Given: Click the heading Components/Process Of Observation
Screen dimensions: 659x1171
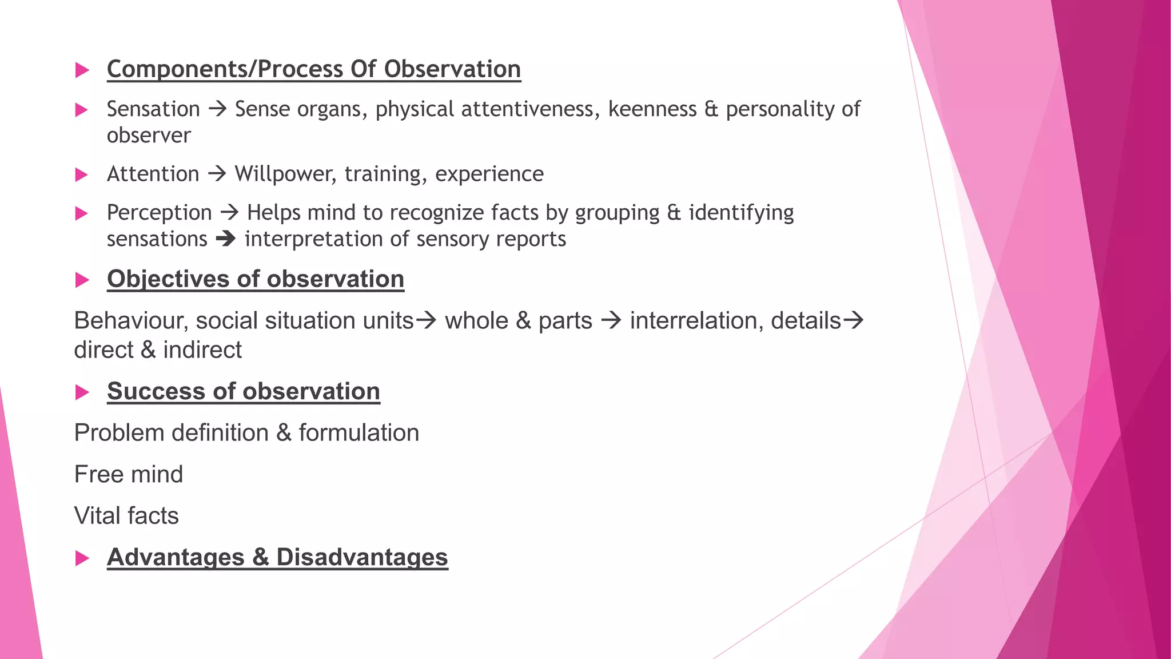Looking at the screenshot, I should click(x=313, y=69).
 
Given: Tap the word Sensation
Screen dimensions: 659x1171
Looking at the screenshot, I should click(x=153, y=109).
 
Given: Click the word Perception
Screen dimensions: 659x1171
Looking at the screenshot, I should click(x=159, y=213).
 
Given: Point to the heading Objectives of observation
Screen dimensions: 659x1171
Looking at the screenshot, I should click(x=255, y=279).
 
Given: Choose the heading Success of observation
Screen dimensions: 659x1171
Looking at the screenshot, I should click(x=243, y=391).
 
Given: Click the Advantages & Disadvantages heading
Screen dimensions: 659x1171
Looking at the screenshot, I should click(x=277, y=557).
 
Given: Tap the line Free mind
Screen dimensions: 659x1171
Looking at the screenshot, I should click(x=129, y=474).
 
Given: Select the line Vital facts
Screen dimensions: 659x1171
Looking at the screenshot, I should click(x=126, y=516).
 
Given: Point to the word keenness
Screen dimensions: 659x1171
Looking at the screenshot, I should click(x=652, y=109).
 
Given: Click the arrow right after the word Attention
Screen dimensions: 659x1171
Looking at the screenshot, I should click(x=217, y=173).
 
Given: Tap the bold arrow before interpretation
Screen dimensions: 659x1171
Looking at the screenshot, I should click(x=226, y=239).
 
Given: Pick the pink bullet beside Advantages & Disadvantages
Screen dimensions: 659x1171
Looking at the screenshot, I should click(x=82, y=558).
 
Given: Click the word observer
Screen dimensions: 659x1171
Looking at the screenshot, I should click(x=149, y=136).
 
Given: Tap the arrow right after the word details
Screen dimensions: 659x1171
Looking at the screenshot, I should click(x=853, y=320).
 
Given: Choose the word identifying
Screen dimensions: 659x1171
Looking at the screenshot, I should click(x=741, y=213).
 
